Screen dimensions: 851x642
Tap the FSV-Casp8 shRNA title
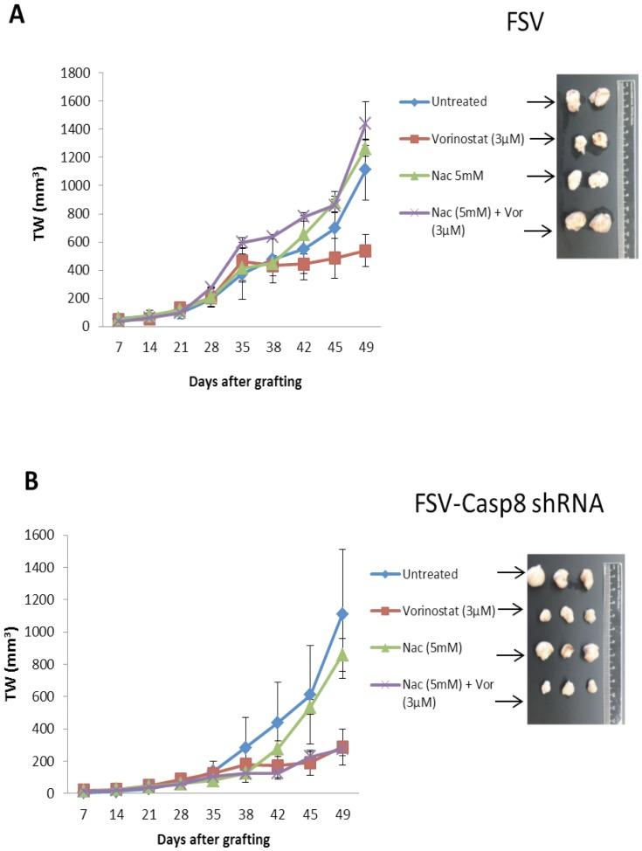(x=509, y=507)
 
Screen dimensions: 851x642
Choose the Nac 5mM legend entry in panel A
(x=454, y=176)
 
